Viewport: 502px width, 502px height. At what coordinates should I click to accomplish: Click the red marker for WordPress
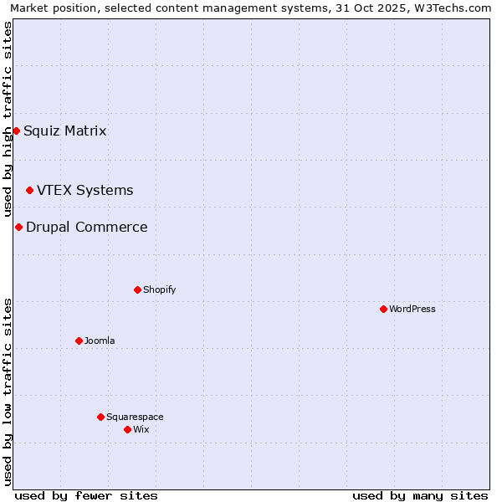point(383,309)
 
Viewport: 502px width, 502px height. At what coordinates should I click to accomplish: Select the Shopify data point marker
point(137,289)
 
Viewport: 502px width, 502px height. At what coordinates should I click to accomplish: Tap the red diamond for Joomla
point(79,341)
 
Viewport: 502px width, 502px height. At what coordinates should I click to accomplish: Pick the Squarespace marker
point(100,417)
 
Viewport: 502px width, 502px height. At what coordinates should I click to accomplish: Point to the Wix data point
point(127,429)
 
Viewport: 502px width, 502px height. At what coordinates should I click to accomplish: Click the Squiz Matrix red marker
point(16,131)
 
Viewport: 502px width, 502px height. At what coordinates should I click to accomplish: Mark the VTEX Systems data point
point(29,190)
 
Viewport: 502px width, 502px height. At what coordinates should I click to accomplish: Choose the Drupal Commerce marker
point(18,227)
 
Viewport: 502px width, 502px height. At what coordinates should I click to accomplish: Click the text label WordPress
point(412,309)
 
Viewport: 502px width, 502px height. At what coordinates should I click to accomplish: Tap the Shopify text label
point(159,289)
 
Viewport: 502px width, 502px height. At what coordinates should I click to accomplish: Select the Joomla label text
point(100,341)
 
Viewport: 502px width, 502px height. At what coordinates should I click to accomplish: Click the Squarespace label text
point(135,417)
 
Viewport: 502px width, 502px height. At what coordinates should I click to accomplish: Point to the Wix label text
point(141,429)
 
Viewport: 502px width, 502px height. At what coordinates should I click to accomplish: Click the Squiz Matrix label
point(65,131)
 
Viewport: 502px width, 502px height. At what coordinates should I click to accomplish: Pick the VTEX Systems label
point(85,190)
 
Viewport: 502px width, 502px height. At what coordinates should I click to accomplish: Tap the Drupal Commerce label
point(87,227)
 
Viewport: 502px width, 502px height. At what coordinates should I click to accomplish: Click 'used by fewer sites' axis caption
point(86,495)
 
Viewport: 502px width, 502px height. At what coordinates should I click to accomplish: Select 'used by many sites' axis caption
point(420,495)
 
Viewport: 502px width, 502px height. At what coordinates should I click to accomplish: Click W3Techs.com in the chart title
point(455,8)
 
